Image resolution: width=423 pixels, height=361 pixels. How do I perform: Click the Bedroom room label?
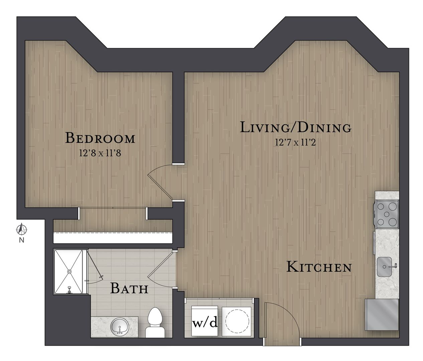(100, 138)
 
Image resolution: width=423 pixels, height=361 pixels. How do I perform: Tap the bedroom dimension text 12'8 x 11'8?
(100, 153)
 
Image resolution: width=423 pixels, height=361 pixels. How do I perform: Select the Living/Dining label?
(296, 127)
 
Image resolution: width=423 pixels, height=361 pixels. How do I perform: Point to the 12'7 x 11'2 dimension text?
(295, 142)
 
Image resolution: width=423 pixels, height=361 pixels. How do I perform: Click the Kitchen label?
(319, 267)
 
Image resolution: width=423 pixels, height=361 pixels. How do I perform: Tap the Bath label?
(129, 288)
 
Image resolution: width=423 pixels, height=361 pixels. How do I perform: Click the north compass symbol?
(21, 230)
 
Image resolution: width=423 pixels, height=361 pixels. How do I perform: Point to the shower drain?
(69, 271)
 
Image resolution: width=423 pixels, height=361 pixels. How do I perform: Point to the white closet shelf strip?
(113, 238)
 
